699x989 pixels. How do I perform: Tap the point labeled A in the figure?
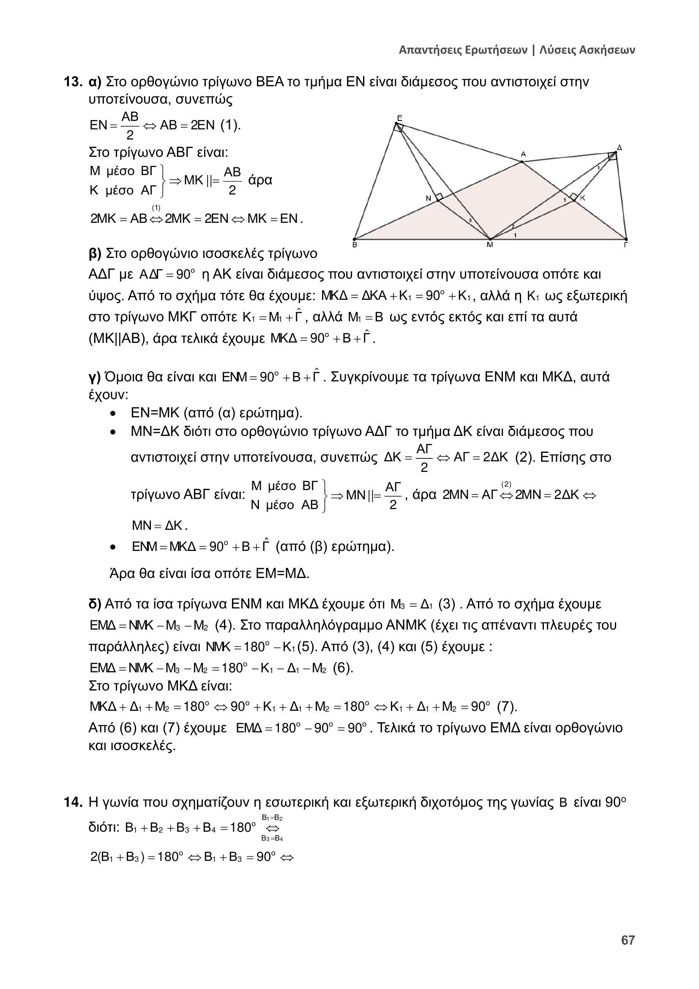point(522,162)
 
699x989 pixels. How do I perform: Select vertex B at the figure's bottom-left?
point(354,239)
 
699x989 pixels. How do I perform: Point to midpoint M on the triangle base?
point(490,239)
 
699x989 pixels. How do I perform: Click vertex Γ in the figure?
point(626,239)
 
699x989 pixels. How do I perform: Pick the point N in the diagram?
point(437,200)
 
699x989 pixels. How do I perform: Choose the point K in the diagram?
point(574,200)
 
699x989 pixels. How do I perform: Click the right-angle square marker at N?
point(439,197)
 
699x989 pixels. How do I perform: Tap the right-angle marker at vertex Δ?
point(612,156)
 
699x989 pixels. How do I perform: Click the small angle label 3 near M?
point(470,221)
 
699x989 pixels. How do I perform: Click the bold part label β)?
point(95,253)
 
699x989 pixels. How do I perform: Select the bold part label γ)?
point(94,377)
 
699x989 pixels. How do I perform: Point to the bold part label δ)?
point(95,604)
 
